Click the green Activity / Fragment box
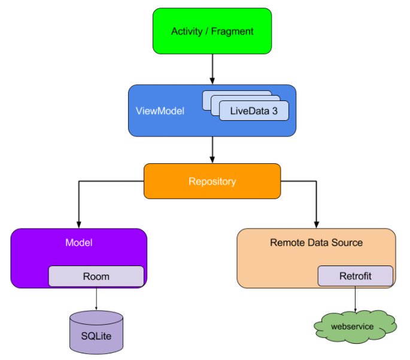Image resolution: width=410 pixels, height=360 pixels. pos(212,31)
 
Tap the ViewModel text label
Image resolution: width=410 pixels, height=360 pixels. pos(160,111)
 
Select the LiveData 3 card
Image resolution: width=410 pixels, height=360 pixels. pos(254,111)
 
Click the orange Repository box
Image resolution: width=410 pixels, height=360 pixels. pos(212,181)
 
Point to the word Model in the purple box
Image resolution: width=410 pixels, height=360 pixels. pos(78,243)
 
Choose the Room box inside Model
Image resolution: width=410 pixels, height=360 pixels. pos(96,276)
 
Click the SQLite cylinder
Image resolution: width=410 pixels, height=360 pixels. pos(96,333)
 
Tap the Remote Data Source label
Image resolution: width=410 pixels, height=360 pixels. pos(316,243)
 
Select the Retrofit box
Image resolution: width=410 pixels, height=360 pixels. pos(355,276)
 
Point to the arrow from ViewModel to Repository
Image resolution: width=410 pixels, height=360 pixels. pos(212,149)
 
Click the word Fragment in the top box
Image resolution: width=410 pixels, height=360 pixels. pos(232,31)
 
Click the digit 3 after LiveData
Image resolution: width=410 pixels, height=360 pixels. pos(274,111)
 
